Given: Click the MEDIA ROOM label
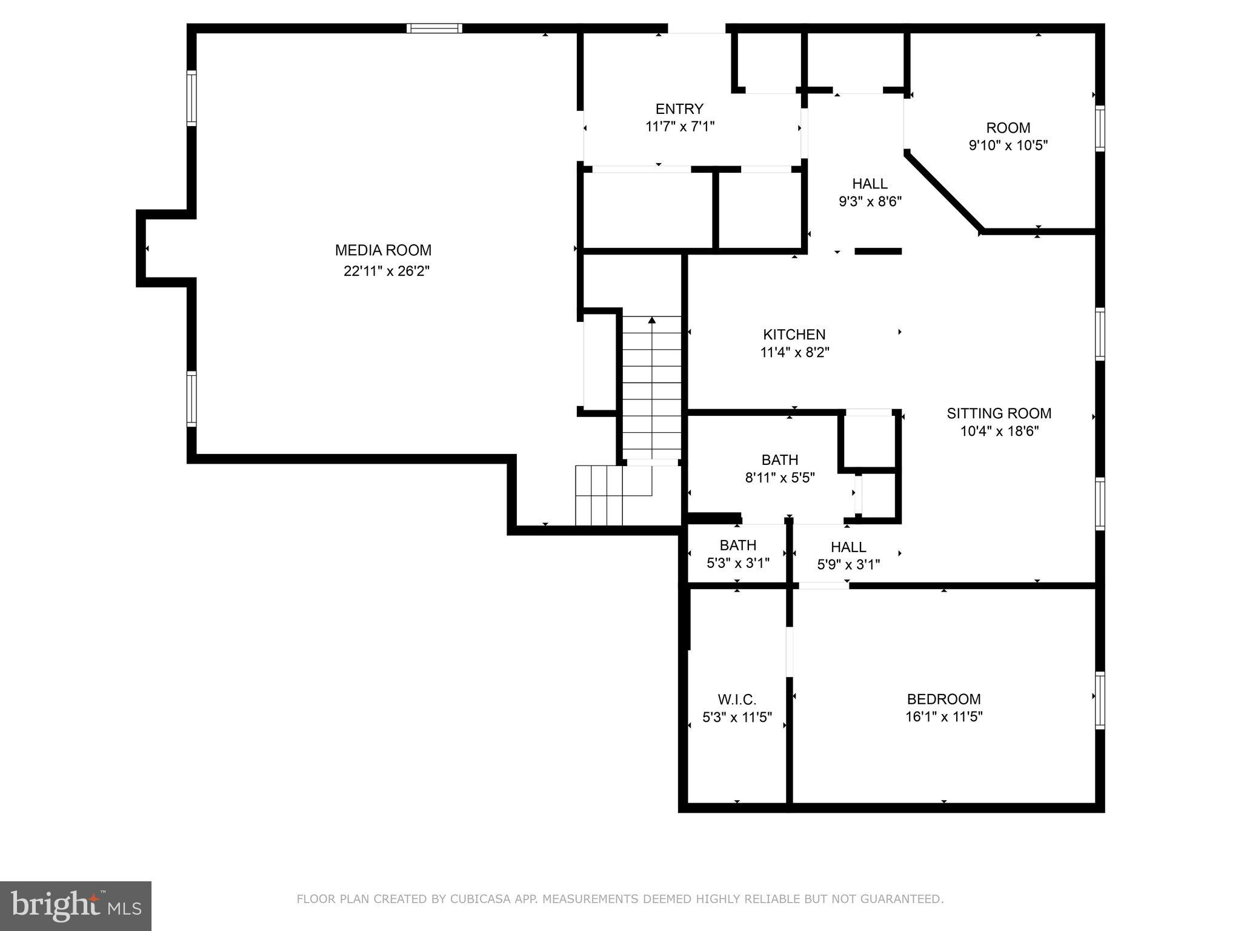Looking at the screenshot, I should pos(383,250).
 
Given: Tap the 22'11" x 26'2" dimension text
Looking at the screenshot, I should pos(386,271).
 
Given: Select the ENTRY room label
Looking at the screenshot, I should pos(679,109).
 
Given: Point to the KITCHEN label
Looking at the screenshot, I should pos(794,335).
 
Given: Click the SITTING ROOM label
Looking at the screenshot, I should pos(999,413).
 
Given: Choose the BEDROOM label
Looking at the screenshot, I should pos(943,699).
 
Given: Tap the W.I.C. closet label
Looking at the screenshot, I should pos(737,699).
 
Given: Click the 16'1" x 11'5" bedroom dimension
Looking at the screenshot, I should pos(943,717).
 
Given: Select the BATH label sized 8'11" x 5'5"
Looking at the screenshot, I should pos(779,459).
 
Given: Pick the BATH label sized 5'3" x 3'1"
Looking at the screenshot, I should pos(737,545).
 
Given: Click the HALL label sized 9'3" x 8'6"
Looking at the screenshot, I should pos(870,184).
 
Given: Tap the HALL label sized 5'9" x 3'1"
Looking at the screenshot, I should pos(848,547).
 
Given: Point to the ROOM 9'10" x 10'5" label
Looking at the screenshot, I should pos(1008,128).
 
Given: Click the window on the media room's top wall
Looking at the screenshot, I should pos(434,28).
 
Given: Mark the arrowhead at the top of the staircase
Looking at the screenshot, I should pos(651,319).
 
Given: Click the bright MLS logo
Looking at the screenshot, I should pos(76,906).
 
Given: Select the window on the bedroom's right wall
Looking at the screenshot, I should pos(1099,700).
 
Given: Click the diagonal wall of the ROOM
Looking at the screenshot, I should pos(943,192).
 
